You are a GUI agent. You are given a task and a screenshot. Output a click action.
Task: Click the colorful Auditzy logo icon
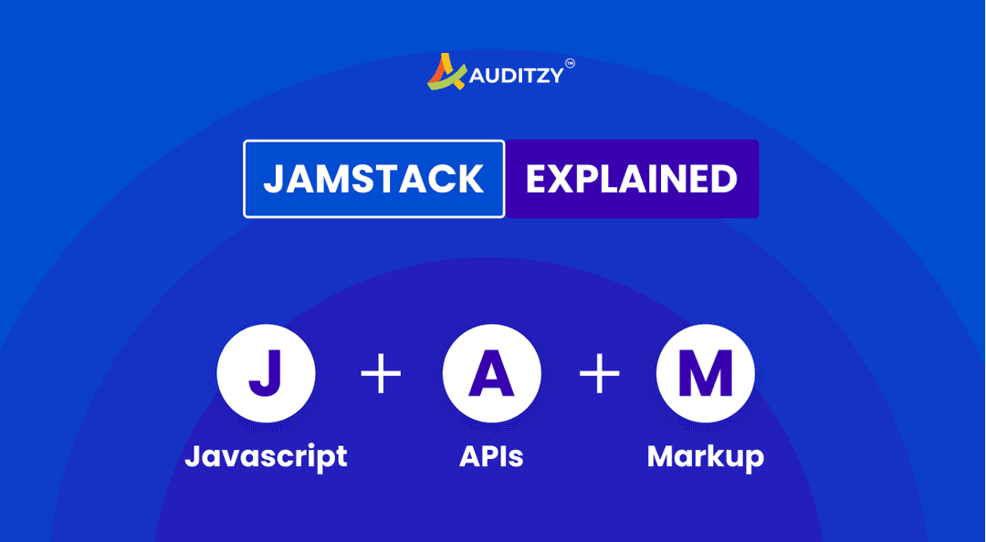446,72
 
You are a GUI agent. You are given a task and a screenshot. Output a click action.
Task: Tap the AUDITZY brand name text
516,77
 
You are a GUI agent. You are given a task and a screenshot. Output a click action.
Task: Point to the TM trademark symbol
570,63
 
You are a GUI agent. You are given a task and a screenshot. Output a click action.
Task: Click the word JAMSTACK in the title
373,179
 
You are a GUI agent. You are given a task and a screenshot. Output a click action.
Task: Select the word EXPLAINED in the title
632,179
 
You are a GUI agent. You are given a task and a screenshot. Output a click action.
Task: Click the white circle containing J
266,373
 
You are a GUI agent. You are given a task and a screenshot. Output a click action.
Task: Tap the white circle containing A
491,373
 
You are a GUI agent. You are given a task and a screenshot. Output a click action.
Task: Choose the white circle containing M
705,373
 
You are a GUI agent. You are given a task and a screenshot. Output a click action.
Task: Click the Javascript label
266,455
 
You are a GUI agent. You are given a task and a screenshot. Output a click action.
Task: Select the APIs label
491,455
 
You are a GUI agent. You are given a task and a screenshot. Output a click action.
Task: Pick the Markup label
705,455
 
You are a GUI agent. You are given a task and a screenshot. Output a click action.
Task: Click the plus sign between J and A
381,374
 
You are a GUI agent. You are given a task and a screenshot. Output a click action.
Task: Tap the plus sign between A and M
600,374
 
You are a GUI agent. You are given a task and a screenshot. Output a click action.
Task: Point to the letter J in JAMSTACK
273,179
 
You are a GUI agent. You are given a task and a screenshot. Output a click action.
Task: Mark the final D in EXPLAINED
724,179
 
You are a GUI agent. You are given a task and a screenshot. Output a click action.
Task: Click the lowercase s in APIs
516,457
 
